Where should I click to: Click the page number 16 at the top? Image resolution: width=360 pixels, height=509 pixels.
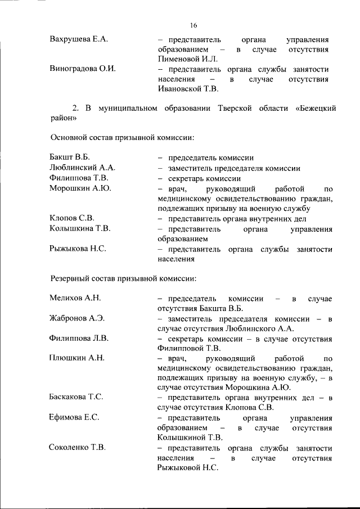click(193, 25)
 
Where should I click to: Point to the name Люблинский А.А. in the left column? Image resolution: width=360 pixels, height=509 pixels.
click(82, 168)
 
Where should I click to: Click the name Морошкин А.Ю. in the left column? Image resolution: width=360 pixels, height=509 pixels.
click(80, 188)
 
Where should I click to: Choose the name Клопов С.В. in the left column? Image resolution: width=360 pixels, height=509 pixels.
click(72, 218)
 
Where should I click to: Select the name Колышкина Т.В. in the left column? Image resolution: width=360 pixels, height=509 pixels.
click(80, 229)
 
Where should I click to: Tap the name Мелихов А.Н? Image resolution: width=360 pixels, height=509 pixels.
click(75, 298)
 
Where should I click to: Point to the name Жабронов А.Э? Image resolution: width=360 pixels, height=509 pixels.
click(77, 318)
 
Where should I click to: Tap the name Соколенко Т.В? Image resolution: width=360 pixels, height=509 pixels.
click(78, 448)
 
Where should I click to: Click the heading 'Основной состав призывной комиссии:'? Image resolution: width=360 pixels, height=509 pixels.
click(123, 137)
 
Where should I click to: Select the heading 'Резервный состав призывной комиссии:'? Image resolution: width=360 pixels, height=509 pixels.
click(123, 277)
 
